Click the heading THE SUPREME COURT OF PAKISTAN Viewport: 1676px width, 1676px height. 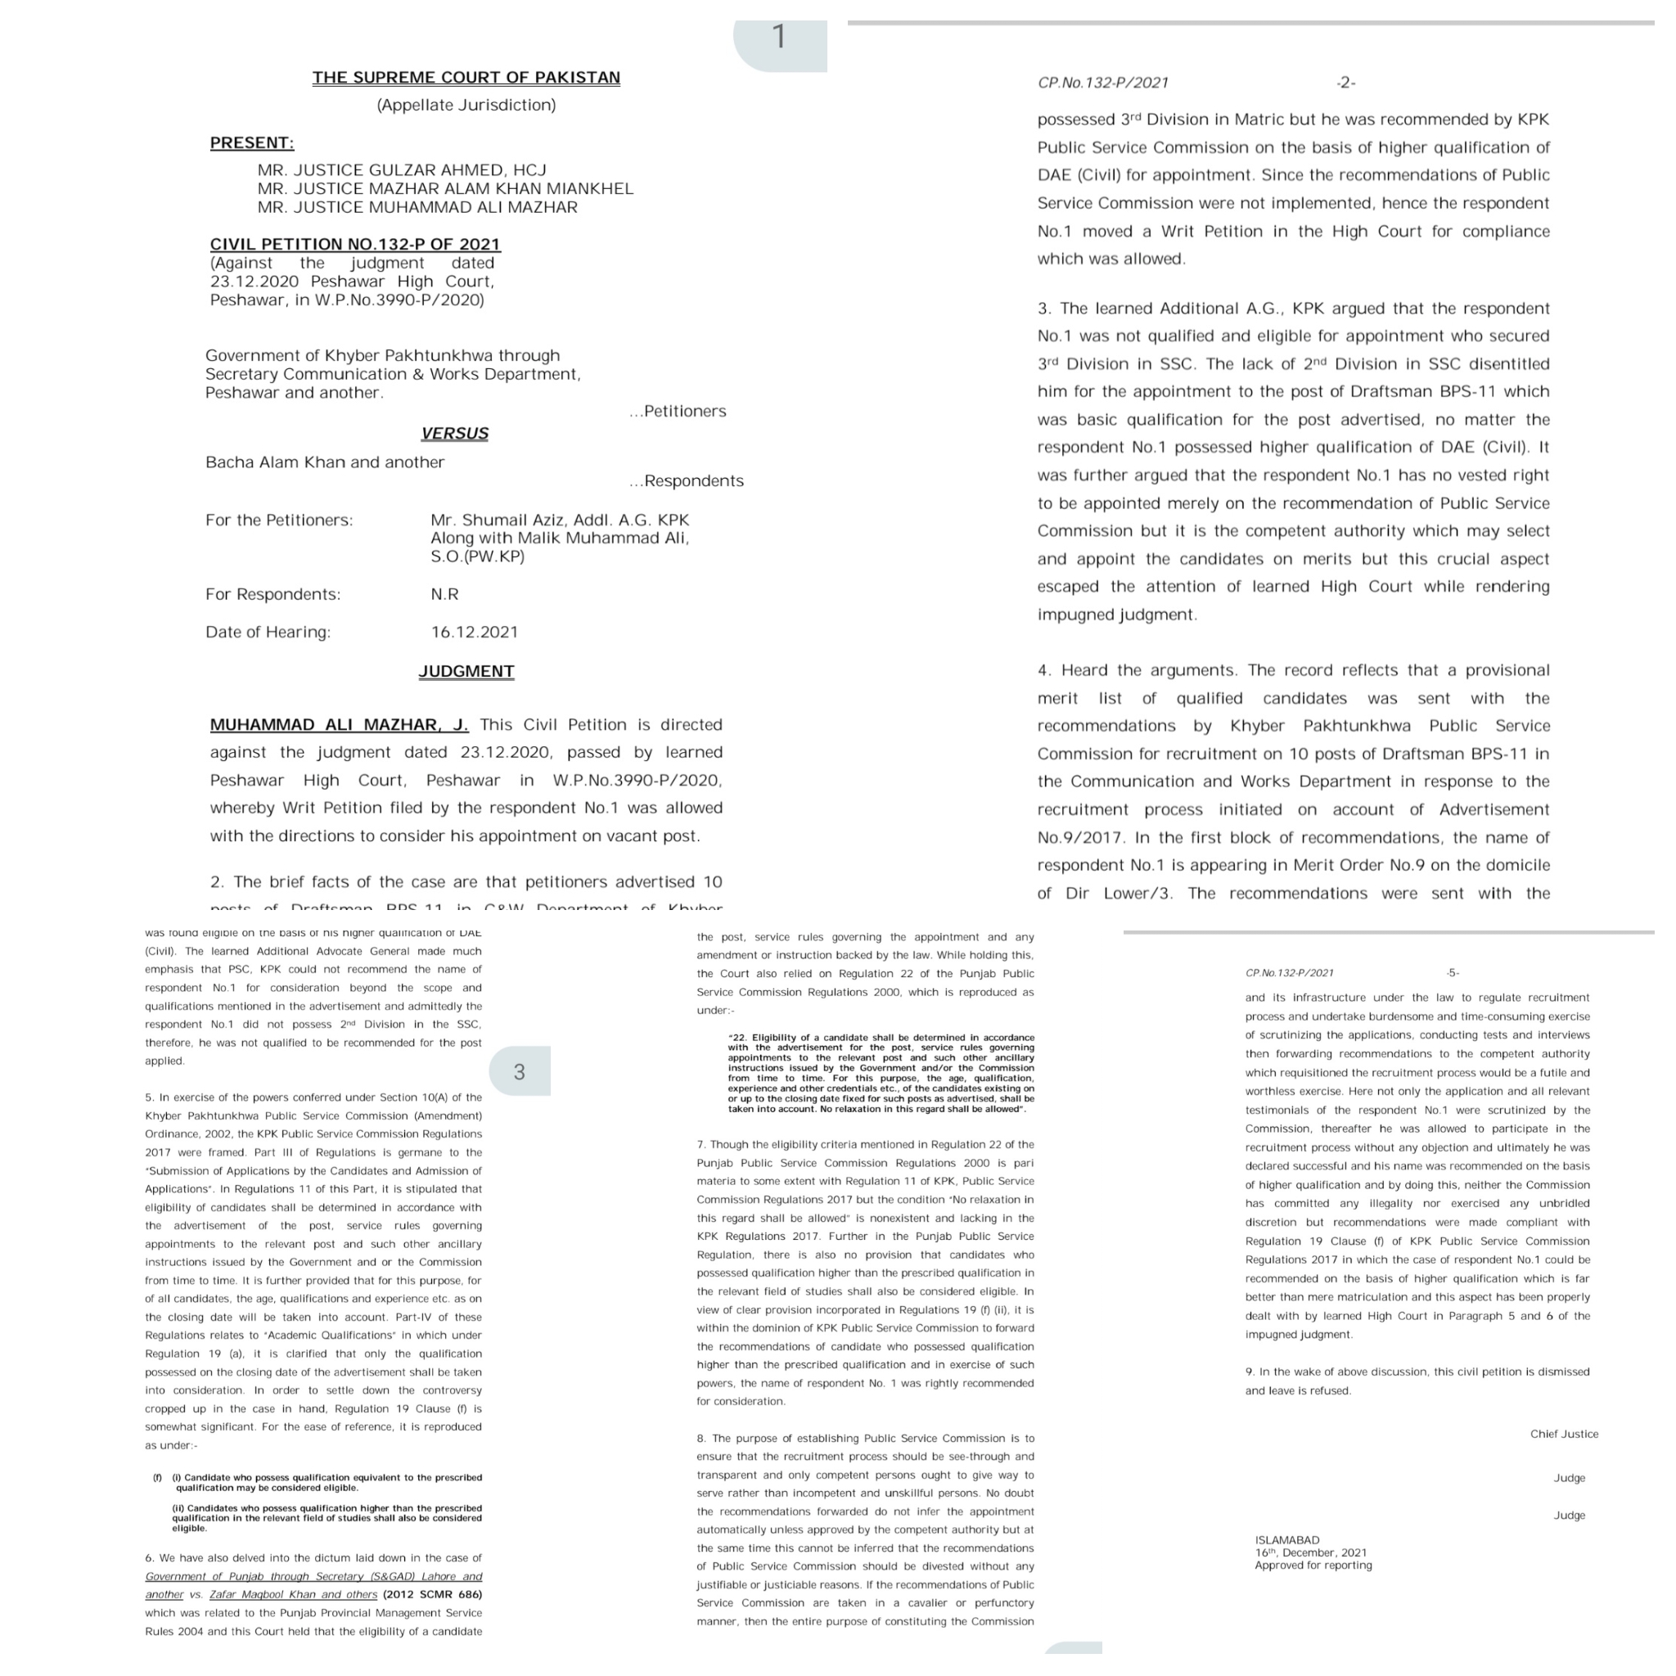[466, 77]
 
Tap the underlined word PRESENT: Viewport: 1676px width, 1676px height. [251, 143]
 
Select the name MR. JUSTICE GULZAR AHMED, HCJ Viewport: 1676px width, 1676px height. [402, 170]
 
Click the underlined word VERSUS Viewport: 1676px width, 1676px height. [454, 433]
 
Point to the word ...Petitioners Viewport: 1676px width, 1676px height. [678, 411]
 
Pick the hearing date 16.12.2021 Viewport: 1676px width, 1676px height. [475, 633]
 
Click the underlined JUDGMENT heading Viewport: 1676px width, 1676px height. [466, 671]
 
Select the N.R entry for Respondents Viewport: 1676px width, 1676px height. [445, 594]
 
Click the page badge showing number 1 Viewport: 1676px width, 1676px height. [779, 38]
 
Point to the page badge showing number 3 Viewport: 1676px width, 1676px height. [519, 1072]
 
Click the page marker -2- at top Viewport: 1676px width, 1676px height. [1345, 83]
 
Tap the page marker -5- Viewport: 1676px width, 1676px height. [1453, 973]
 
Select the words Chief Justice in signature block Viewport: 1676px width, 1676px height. [1564, 1434]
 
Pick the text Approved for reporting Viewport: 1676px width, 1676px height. [1313, 1566]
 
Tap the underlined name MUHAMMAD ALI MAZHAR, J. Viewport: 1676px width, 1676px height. [339, 724]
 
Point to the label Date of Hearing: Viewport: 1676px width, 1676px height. [268, 633]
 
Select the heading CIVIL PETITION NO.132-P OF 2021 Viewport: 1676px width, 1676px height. [356, 245]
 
